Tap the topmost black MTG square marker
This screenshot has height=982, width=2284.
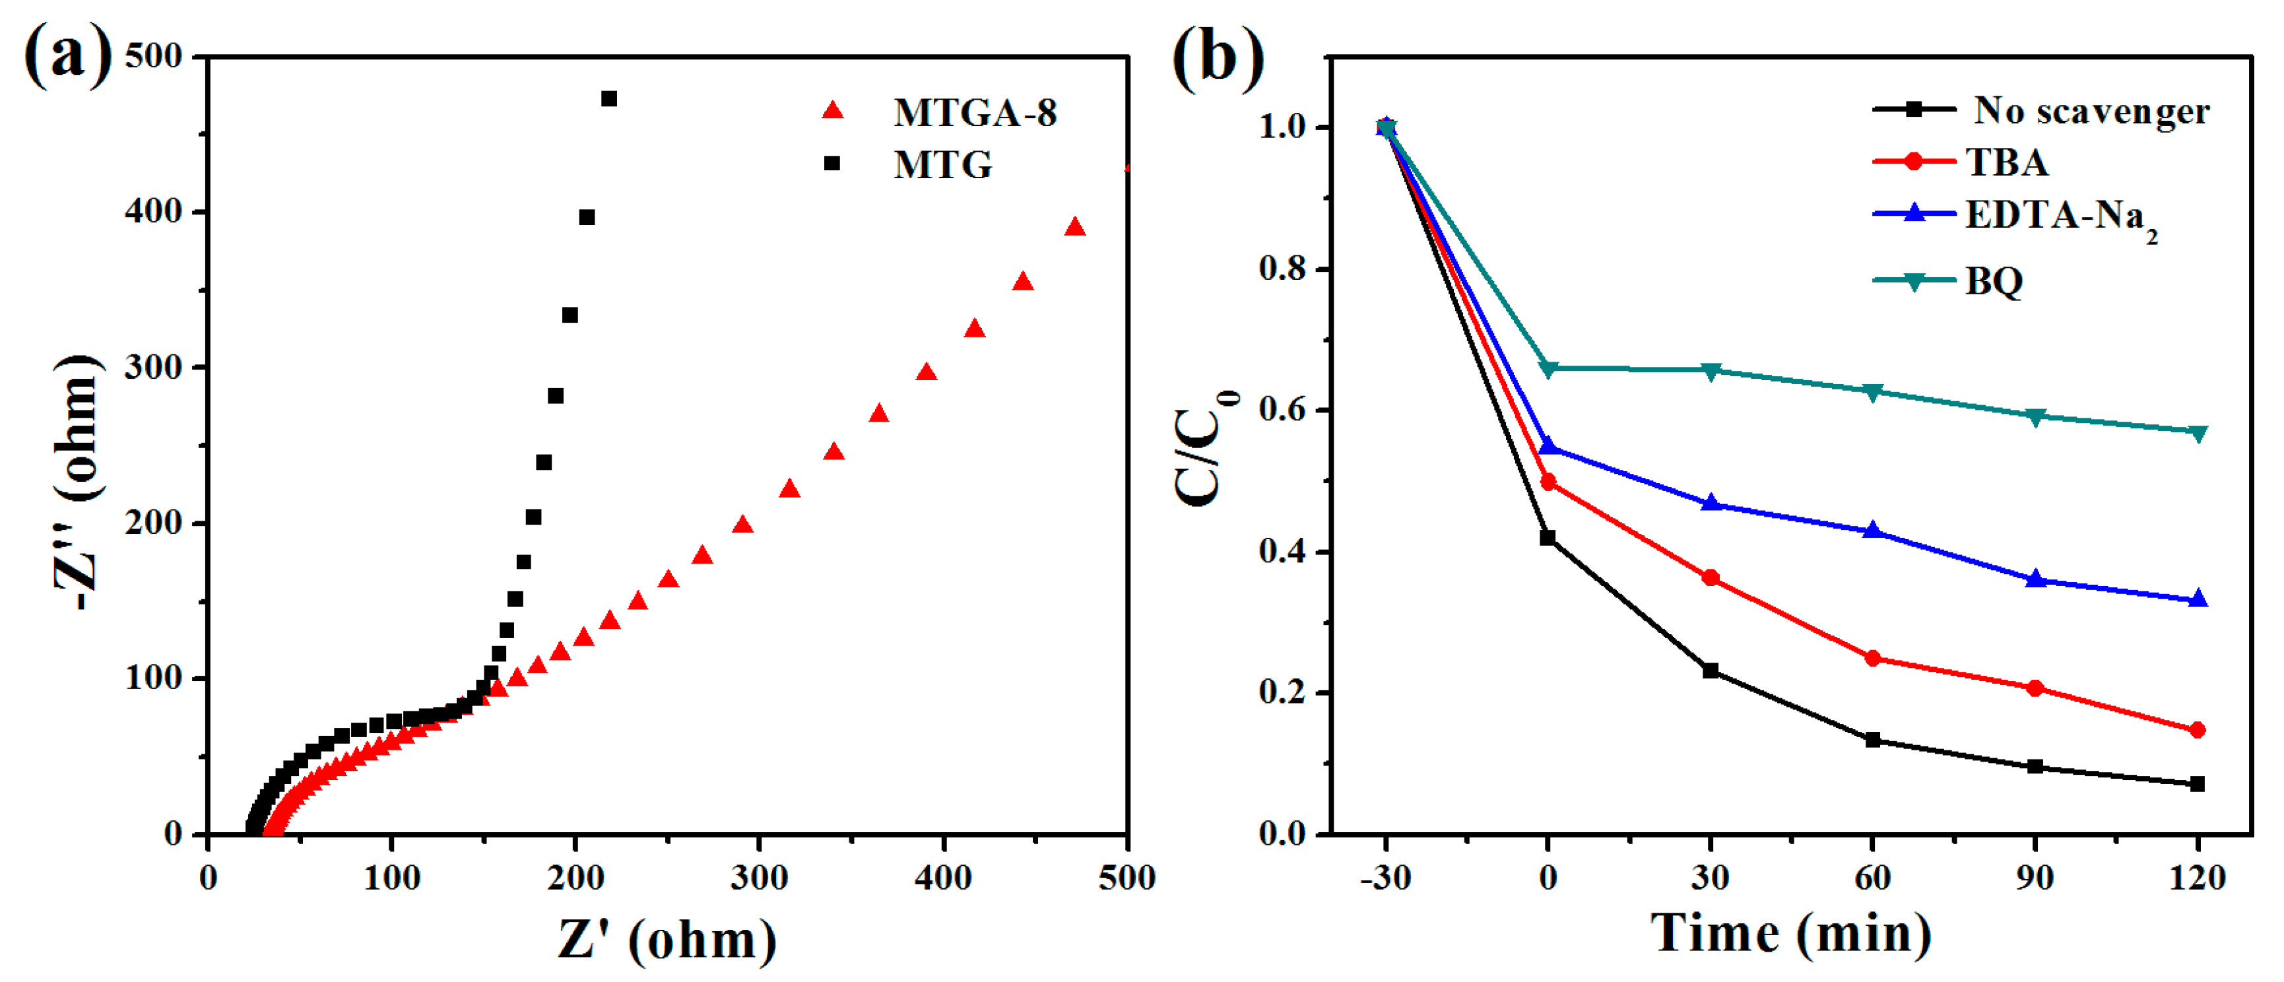pyautogui.click(x=609, y=98)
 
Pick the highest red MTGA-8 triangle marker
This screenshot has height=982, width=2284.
pyautogui.click(x=1074, y=227)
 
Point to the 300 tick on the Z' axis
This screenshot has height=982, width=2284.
pyautogui.click(x=759, y=878)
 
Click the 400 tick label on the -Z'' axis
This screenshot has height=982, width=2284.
pyautogui.click(x=153, y=211)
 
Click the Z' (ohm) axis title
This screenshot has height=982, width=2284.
pyautogui.click(x=667, y=940)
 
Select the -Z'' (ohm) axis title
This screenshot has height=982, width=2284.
pyautogui.click(x=78, y=483)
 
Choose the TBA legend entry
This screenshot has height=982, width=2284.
pyautogui.click(x=2006, y=162)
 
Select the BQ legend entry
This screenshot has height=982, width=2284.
pyautogui.click(x=1993, y=282)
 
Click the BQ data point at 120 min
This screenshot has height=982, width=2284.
pyautogui.click(x=2197, y=432)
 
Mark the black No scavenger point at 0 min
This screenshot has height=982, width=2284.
pyautogui.click(x=1548, y=537)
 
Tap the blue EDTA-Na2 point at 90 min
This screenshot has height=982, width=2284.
pyautogui.click(x=2035, y=579)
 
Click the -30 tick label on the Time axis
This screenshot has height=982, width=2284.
pyautogui.click(x=1385, y=878)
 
